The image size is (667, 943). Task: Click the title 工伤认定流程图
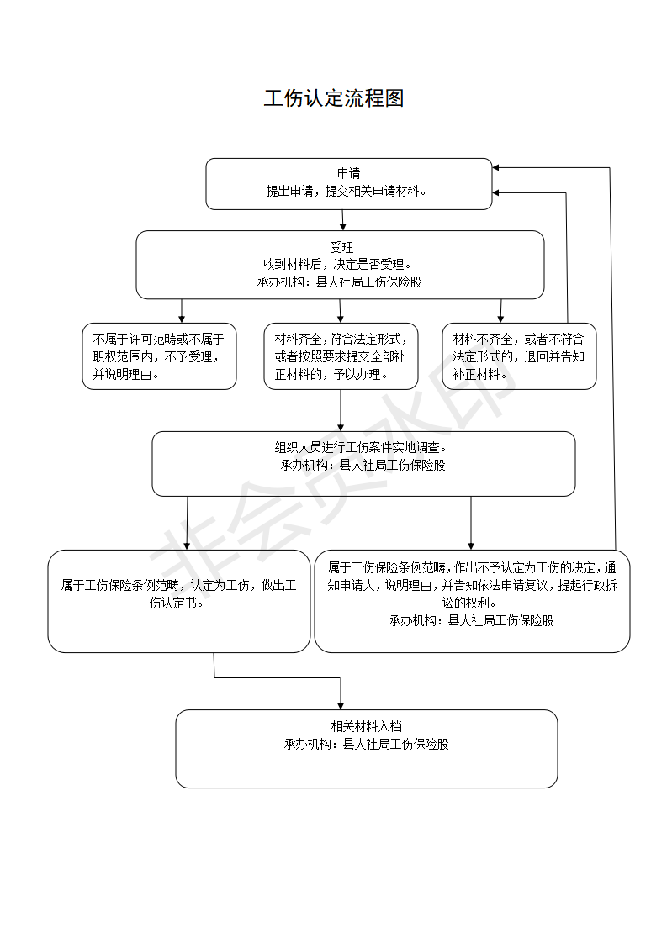tap(334, 98)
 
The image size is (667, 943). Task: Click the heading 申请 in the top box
tap(348, 174)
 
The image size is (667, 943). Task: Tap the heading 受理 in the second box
tap(341, 247)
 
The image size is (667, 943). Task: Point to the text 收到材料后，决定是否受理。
tap(340, 264)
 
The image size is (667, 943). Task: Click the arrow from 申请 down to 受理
tap(342, 220)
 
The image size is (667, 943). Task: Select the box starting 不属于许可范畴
tap(159, 356)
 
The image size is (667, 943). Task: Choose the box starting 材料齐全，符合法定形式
tap(341, 356)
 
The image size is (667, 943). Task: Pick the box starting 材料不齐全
tap(519, 356)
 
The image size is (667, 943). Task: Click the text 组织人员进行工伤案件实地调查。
tap(363, 448)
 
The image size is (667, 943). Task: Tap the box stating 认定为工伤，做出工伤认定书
tap(178, 600)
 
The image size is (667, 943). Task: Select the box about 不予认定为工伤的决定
tap(472, 600)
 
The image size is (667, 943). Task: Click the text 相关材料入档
tap(366, 726)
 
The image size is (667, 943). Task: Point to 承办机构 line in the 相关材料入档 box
tap(366, 744)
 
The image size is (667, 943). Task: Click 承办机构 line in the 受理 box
tap(340, 282)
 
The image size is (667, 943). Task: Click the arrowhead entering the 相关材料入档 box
tap(341, 704)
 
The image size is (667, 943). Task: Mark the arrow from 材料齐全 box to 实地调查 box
tap(341, 410)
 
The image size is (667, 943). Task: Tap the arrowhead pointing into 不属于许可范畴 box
tap(183, 319)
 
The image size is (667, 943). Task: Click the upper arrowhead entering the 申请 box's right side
tap(498, 168)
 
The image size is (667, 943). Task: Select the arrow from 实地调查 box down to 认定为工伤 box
tap(187, 523)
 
